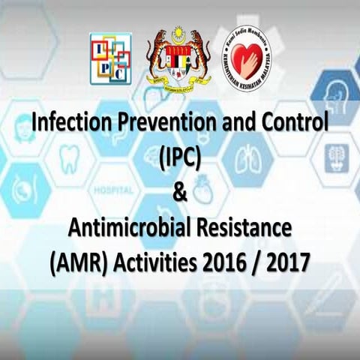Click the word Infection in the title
click(x=67, y=122)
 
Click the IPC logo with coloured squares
click(x=110, y=58)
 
